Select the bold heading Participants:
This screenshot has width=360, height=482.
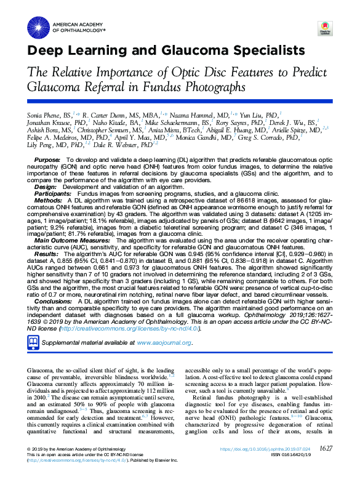pyautogui.click(x=54, y=193)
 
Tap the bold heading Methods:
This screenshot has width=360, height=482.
pyautogui.click(x=48, y=200)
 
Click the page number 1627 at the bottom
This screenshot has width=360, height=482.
pyautogui.click(x=326, y=465)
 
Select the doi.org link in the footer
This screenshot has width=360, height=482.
pyautogui.click(x=262, y=467)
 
